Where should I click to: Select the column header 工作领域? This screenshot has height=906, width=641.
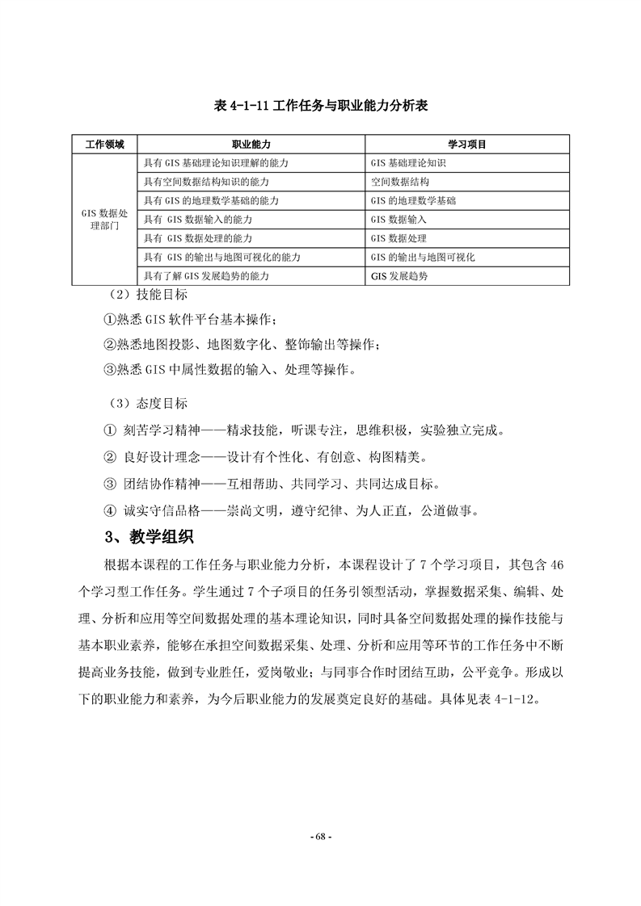click(105, 144)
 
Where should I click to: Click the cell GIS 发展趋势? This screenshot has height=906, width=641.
click(399, 276)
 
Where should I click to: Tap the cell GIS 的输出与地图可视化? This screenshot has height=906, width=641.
click(423, 258)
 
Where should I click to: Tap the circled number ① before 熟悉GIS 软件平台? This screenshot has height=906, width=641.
click(111, 320)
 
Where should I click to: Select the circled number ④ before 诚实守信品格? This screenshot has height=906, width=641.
click(111, 510)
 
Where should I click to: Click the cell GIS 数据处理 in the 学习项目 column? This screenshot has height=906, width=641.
click(399, 239)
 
